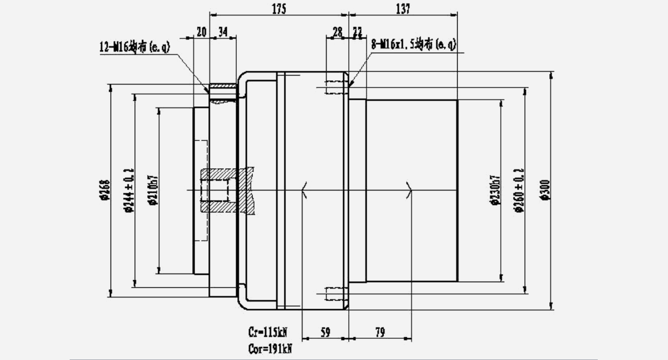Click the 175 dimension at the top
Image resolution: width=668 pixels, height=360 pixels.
[x=279, y=8]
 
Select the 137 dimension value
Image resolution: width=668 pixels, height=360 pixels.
[x=403, y=8]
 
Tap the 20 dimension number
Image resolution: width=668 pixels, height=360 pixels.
[x=201, y=32]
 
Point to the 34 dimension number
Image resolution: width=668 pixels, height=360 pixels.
[x=222, y=32]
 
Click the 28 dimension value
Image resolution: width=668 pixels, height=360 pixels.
[x=338, y=32]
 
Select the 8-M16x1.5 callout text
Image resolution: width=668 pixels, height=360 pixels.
[x=413, y=45]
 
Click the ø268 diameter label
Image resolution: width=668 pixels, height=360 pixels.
[x=103, y=189]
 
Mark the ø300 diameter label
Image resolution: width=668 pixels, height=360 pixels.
[x=545, y=190]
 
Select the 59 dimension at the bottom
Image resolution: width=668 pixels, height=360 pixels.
[x=325, y=333]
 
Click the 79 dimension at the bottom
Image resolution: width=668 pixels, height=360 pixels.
[x=379, y=333]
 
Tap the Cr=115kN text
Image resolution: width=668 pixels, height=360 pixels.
[x=267, y=333]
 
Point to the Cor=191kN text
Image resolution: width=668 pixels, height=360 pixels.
[x=270, y=349]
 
